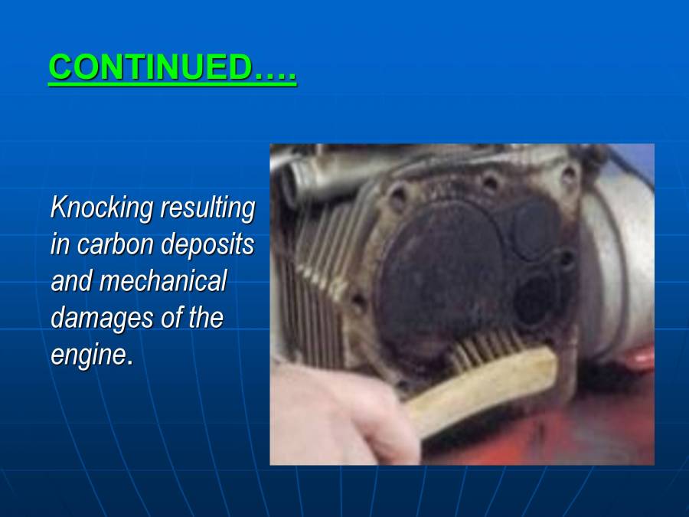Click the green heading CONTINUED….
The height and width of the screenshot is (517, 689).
coord(172,68)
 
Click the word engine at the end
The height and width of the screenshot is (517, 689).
coord(87,354)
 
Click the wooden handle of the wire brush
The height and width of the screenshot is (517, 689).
coord(490,383)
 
